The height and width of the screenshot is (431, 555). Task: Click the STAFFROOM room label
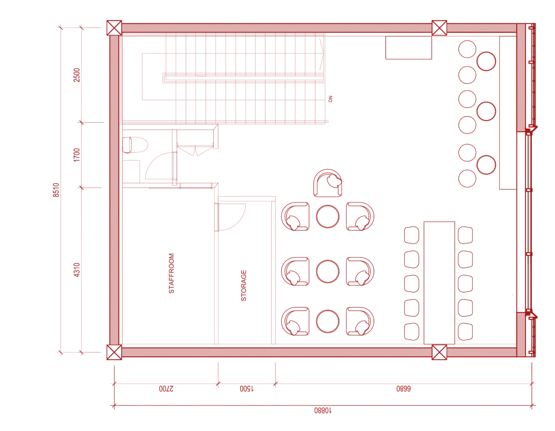(171, 273)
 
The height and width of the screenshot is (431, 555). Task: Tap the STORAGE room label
(244, 286)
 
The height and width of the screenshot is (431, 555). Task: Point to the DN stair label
(330, 99)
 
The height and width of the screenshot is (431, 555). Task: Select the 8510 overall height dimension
(56, 190)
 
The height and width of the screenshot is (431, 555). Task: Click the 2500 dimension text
(77, 75)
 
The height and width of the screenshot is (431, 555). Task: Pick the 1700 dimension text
(77, 155)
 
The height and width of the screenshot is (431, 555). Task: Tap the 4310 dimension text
(77, 270)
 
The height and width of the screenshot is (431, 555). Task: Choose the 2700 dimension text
(166, 389)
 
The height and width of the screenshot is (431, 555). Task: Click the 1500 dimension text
(247, 389)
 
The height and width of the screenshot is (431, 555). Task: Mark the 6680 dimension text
(403, 389)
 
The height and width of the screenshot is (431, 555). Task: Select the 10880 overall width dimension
(323, 410)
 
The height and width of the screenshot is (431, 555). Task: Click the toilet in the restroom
(135, 145)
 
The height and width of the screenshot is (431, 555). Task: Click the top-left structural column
(114, 28)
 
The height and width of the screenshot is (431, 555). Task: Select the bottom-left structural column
(114, 352)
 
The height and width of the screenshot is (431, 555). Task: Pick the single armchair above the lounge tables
(328, 183)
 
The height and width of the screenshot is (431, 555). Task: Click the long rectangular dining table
(439, 283)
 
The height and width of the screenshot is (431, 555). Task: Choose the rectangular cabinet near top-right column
(408, 47)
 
